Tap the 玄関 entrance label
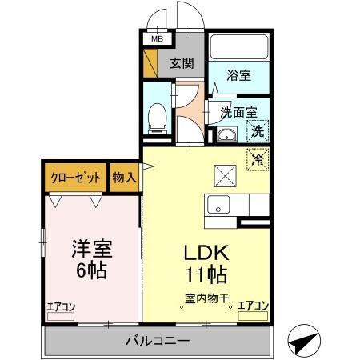click(x=183, y=63)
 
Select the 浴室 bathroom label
click(x=238, y=75)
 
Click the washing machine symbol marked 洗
click(x=258, y=130)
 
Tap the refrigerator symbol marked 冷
click(x=258, y=158)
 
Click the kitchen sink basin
click(x=219, y=206)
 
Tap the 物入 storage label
click(x=125, y=177)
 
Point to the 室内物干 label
click(x=207, y=299)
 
